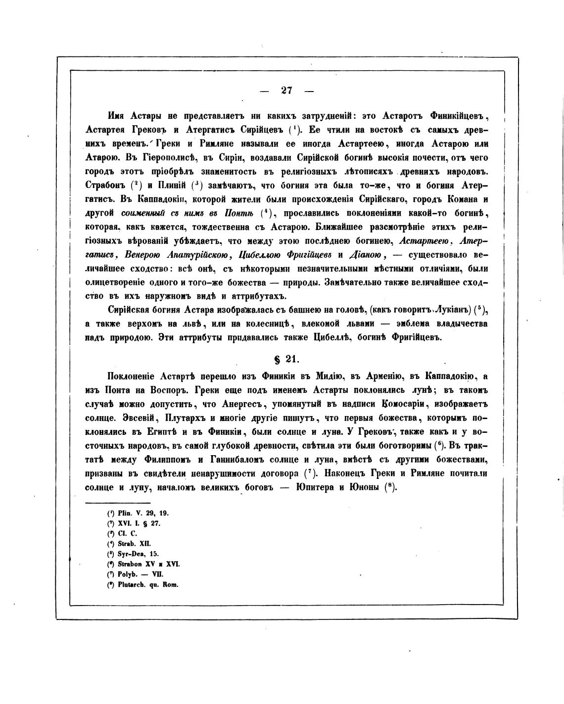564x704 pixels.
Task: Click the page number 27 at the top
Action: click(287, 90)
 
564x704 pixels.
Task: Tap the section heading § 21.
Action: click(287, 358)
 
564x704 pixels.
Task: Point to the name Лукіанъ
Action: click(448, 310)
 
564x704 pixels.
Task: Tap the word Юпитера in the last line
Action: click(320, 487)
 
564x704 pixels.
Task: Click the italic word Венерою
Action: click(143, 255)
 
